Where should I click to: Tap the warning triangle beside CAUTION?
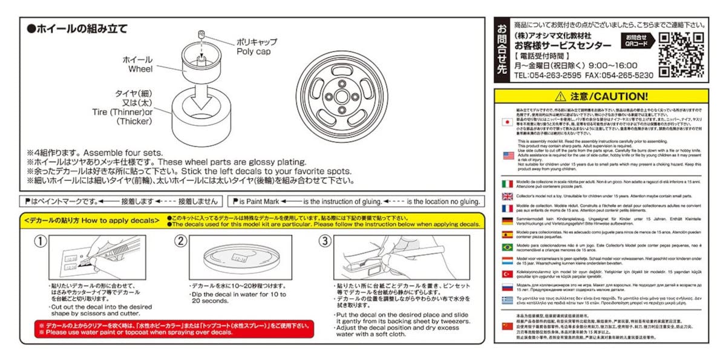click(x=560, y=97)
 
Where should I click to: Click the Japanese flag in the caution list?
click(x=508, y=122)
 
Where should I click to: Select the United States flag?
click(x=508, y=155)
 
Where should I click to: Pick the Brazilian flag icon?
click(x=508, y=247)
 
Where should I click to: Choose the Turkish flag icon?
click(x=508, y=274)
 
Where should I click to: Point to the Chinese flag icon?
click(x=508, y=326)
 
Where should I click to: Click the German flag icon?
click(x=508, y=221)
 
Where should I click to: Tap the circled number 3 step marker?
click(x=325, y=241)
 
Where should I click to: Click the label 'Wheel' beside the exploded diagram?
click(x=140, y=69)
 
